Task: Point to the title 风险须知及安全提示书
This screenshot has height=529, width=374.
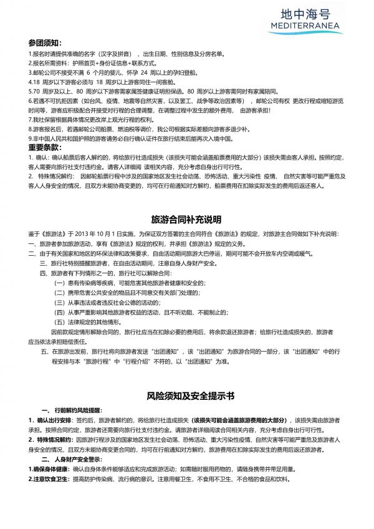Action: [x=187, y=396]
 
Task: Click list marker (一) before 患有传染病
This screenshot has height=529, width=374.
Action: [x=60, y=283]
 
